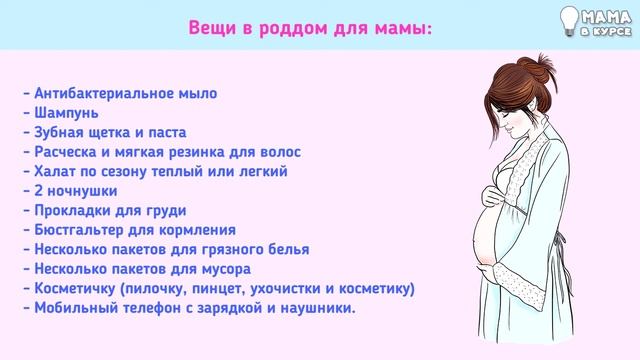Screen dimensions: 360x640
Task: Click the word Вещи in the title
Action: click(x=213, y=27)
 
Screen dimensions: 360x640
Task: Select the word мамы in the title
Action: click(x=406, y=27)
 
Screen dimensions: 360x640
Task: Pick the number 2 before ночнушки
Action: click(x=36, y=191)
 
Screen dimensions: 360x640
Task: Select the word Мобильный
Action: click(x=74, y=308)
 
